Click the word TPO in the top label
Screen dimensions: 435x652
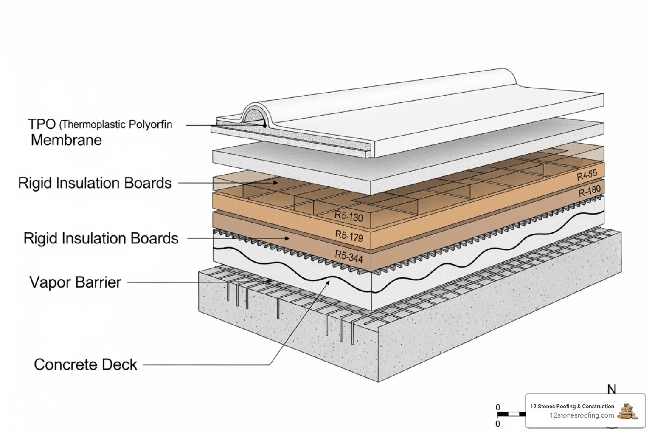point(42,124)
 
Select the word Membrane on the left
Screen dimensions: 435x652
point(66,140)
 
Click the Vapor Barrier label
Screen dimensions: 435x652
point(75,282)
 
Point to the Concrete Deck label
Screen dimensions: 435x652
point(85,364)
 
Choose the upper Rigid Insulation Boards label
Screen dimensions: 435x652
point(95,183)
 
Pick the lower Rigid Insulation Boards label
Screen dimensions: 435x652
point(101,238)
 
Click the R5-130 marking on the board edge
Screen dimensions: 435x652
point(348,216)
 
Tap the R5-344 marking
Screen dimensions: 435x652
point(348,256)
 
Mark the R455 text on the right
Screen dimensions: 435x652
point(587,175)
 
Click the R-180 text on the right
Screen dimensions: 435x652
point(590,191)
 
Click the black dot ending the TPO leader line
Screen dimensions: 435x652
point(264,126)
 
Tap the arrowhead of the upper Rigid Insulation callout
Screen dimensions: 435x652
point(275,183)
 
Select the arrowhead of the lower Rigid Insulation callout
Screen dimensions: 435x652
point(287,238)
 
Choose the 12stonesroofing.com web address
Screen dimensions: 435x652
point(582,415)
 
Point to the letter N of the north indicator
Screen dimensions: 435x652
point(612,389)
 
